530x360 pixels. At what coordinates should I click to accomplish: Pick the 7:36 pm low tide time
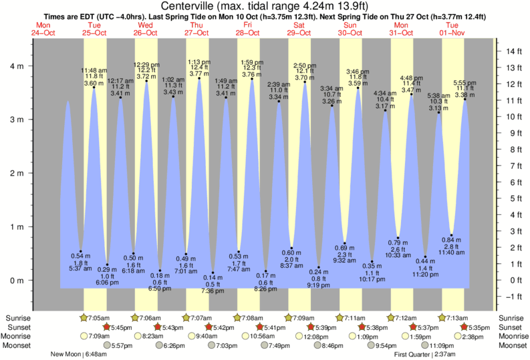(x=213, y=291)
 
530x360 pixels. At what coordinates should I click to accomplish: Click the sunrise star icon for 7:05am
(x=84, y=318)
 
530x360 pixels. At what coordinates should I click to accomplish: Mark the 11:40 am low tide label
(x=451, y=252)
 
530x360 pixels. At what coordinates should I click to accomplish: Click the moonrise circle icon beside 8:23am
(x=136, y=337)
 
